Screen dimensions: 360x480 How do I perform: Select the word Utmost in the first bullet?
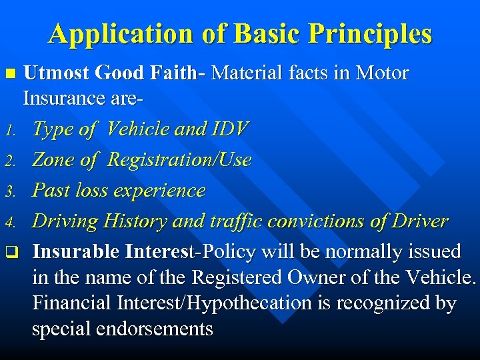56,73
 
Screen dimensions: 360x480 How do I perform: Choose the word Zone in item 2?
53,160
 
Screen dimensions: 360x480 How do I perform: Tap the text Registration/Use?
179,160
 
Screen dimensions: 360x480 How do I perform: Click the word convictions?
322,221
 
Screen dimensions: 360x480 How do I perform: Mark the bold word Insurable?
74,252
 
